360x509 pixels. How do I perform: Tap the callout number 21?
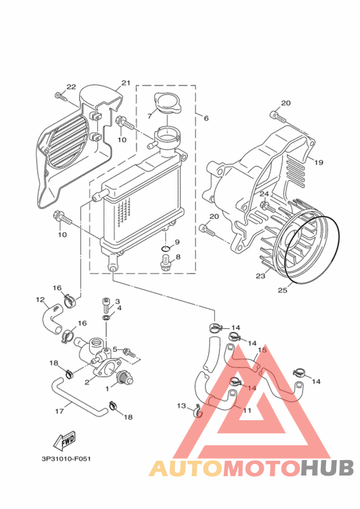tap(125, 83)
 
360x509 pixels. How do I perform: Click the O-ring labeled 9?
tap(165, 249)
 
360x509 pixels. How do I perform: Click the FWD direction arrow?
tap(65, 441)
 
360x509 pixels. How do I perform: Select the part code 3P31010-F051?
tap(66, 459)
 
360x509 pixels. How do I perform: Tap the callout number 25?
tap(282, 290)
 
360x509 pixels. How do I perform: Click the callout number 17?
tap(59, 411)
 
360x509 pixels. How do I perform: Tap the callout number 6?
tap(206, 118)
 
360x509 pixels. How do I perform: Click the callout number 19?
tap(319, 162)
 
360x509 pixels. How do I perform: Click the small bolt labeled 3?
tap(106, 304)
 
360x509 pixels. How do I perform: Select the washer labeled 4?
tap(106, 317)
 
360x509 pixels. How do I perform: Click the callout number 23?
tap(260, 276)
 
